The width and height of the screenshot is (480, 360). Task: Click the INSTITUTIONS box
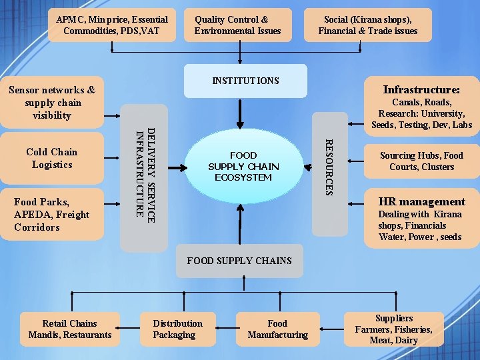(245, 81)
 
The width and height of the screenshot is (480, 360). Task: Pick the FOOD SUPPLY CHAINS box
(239, 261)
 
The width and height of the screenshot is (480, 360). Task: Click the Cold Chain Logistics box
(52, 159)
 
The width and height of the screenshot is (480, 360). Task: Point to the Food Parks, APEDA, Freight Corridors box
(52, 214)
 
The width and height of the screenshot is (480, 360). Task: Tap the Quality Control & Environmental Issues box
(238, 25)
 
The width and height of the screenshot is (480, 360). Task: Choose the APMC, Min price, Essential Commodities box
(111, 25)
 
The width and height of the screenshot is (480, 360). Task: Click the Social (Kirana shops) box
(368, 25)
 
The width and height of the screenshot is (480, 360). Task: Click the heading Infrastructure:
(421, 89)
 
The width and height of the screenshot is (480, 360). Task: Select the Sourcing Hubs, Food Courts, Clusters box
(421, 161)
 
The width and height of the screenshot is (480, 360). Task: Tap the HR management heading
(421, 201)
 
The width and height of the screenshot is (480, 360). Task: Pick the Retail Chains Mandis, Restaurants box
(70, 329)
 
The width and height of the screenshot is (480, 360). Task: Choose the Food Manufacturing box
(277, 329)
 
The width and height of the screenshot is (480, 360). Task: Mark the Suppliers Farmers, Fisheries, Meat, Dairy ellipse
(394, 329)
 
